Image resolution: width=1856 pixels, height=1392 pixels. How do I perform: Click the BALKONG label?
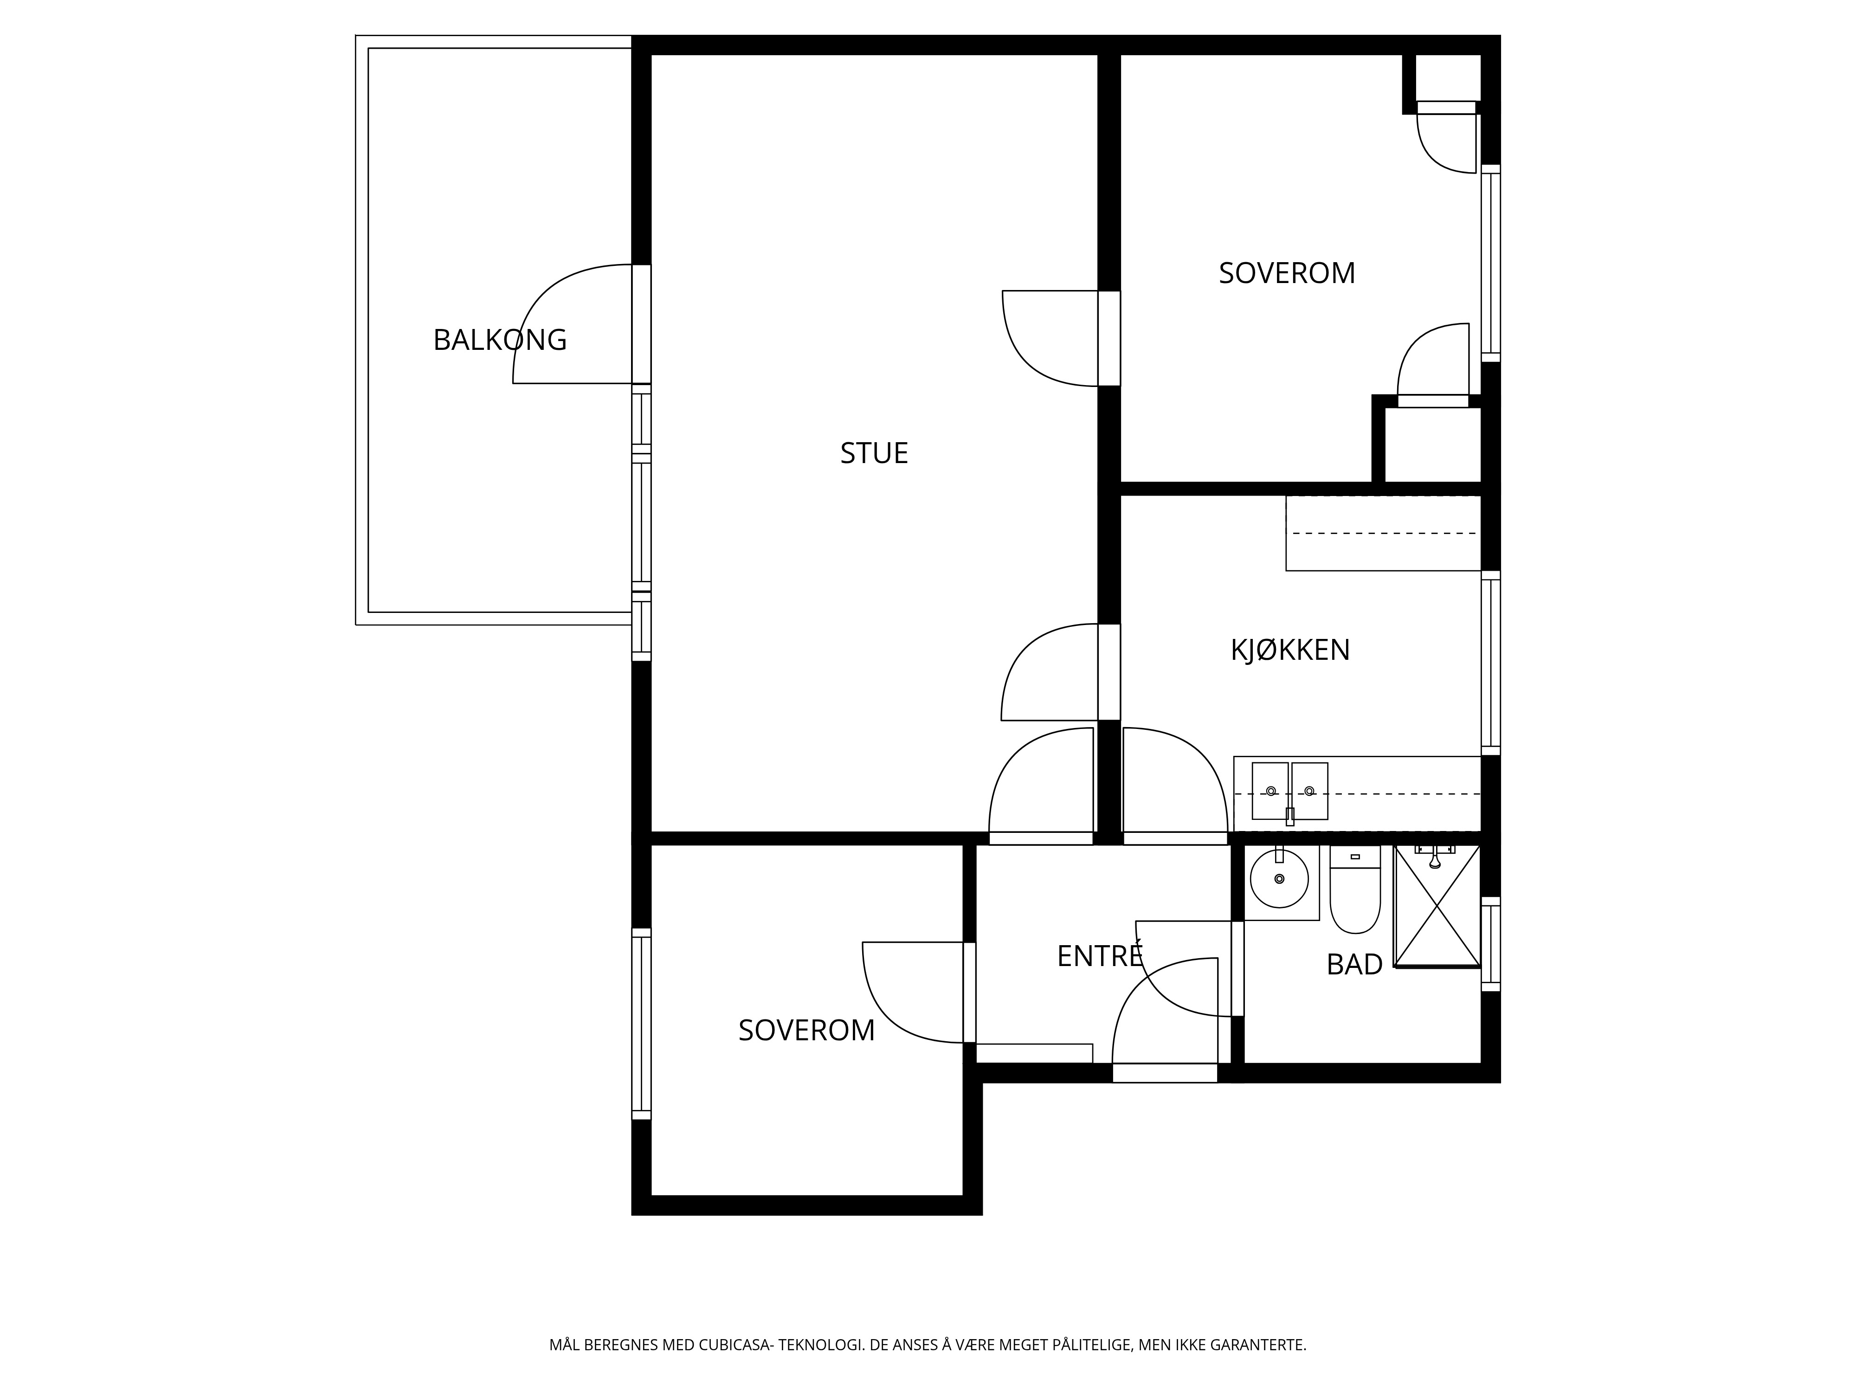pos(500,340)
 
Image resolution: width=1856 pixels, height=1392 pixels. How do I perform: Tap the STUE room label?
pos(874,453)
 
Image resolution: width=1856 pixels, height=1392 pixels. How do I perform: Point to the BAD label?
pos(1354,965)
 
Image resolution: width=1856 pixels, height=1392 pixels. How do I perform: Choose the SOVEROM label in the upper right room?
pos(1287,274)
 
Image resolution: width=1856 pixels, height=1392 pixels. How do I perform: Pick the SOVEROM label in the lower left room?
pos(806,1031)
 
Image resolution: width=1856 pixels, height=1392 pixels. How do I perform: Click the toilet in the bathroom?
pos(1355,889)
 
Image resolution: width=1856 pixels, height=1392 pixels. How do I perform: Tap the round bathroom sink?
pos(1279,878)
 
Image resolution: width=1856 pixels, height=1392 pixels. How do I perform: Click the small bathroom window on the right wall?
pos(1490,944)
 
